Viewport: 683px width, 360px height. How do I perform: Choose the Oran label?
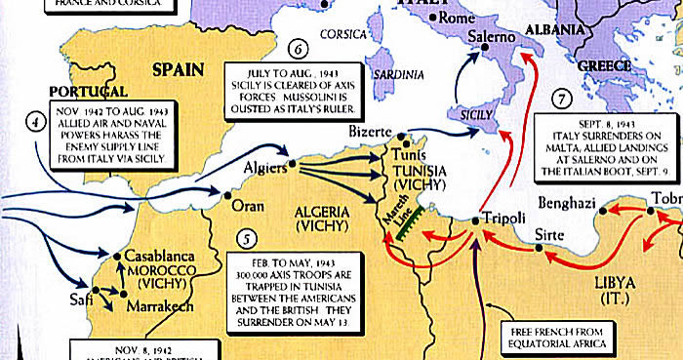249,206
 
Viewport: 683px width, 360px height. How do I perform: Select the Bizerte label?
370,131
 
